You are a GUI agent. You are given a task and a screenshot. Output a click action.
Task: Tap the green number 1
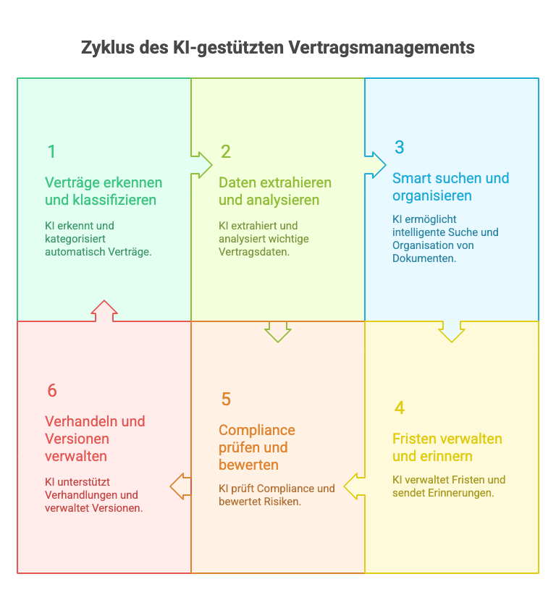(x=51, y=152)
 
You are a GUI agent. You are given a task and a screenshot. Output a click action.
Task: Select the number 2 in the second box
(x=226, y=152)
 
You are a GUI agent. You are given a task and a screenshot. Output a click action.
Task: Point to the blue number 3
(x=399, y=148)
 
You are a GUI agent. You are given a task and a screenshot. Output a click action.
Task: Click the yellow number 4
(x=399, y=408)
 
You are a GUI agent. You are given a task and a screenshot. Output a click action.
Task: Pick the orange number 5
(x=226, y=400)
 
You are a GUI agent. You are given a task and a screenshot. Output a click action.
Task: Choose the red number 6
(x=51, y=391)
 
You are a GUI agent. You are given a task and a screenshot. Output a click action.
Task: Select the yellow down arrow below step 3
(x=452, y=331)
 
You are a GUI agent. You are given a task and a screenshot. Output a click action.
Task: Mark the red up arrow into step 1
(x=104, y=311)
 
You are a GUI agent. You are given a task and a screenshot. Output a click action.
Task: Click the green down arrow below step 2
(x=278, y=331)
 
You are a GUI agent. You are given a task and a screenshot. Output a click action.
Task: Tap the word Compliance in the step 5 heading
(x=257, y=431)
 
